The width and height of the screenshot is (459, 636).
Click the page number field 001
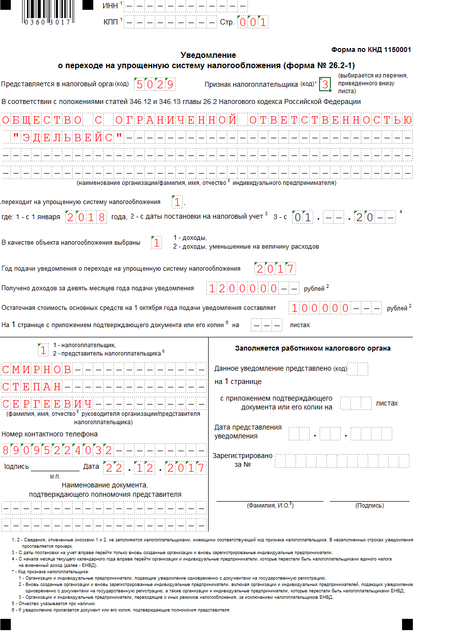[253, 22]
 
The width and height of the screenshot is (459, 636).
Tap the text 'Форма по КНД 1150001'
[371, 50]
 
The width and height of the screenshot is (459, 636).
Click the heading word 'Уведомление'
[208, 55]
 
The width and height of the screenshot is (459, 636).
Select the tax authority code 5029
[155, 84]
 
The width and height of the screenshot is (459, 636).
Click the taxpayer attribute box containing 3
[325, 84]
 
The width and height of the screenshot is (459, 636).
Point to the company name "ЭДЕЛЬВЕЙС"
[68, 138]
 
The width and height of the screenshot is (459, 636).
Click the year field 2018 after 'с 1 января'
[86, 217]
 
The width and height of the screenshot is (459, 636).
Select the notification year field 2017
[275, 269]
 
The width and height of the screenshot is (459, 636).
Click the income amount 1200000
[243, 288]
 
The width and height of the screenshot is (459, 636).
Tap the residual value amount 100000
[320, 308]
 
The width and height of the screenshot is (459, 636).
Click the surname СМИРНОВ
[37, 370]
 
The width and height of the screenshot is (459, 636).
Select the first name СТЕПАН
[32, 387]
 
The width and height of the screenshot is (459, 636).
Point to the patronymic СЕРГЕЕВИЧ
[47, 404]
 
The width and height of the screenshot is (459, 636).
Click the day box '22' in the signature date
[113, 468]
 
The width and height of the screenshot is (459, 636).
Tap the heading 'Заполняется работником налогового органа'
[313, 348]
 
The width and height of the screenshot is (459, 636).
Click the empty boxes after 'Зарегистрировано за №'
[342, 461]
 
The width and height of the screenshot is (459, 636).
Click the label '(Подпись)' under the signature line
[369, 506]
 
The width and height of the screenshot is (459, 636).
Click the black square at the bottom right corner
[407, 624]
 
